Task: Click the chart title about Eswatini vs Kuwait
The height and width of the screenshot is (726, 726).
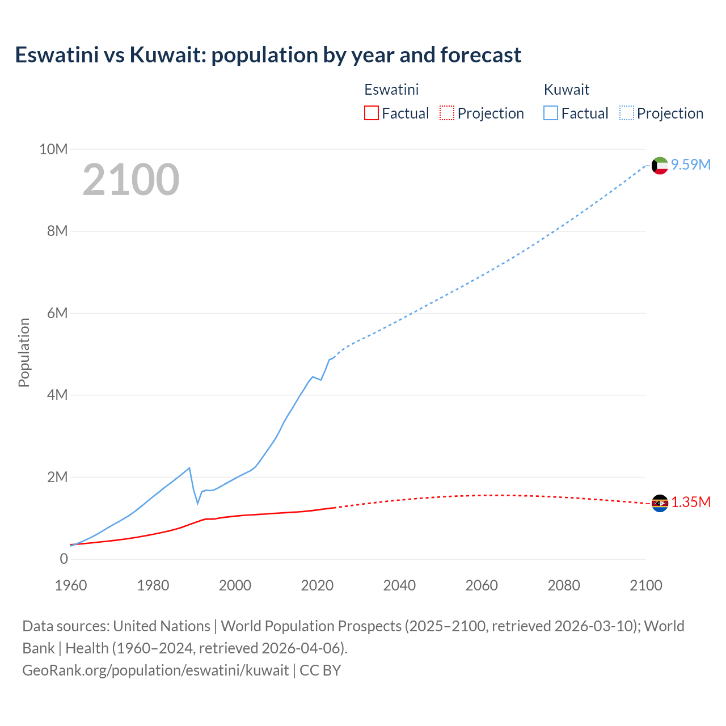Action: tap(268, 55)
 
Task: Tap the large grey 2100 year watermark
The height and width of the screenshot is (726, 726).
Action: tap(131, 180)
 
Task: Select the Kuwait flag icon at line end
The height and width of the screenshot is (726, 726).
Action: tap(660, 166)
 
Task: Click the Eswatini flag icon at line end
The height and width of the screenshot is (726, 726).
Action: tap(660, 503)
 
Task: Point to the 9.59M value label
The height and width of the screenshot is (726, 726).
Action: tap(691, 164)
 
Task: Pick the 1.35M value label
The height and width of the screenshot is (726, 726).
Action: tap(691, 503)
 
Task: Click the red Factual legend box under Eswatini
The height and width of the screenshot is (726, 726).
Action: tap(372, 113)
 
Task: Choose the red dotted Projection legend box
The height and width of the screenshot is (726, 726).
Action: tap(447, 113)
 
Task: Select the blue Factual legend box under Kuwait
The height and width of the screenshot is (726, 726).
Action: tap(551, 113)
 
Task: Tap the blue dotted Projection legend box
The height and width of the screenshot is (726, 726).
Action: tap(626, 113)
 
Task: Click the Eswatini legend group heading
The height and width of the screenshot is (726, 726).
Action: tap(391, 90)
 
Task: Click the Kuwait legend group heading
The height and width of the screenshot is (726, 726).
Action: tap(567, 90)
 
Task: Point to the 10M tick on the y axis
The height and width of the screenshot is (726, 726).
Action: tap(53, 149)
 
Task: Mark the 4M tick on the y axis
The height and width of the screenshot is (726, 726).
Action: tap(57, 395)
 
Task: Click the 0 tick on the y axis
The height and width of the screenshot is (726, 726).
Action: tap(64, 559)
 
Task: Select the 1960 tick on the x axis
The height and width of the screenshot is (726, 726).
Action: tap(71, 585)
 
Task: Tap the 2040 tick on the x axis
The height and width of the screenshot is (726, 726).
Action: tap(399, 585)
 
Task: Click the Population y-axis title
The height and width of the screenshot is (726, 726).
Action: tap(24, 353)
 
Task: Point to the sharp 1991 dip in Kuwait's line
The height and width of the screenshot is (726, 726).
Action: tap(197, 503)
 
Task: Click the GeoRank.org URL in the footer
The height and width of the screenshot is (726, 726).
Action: tap(155, 670)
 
